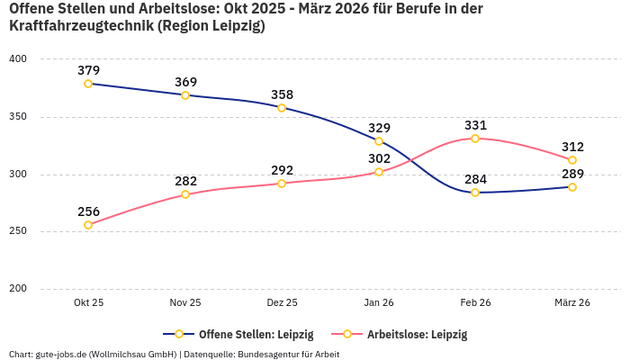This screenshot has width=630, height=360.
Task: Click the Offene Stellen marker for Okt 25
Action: (x=88, y=84)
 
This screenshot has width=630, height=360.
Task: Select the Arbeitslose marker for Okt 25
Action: (x=88, y=225)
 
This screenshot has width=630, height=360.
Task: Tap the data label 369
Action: (x=185, y=82)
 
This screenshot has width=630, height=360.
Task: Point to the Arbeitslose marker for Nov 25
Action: (x=185, y=194)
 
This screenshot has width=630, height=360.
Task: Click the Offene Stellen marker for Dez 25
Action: (x=282, y=108)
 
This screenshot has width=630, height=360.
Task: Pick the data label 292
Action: (x=282, y=169)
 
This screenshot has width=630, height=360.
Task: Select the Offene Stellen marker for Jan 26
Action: (x=379, y=141)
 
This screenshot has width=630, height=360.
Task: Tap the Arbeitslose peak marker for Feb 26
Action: (x=475, y=139)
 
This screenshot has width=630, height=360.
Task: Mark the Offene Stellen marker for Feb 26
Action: (x=475, y=193)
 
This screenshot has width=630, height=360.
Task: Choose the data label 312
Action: (x=572, y=147)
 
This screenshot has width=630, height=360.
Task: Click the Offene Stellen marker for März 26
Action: (x=572, y=187)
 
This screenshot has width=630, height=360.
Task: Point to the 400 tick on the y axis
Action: (x=18, y=59)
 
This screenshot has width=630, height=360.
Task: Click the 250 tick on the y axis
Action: (x=18, y=231)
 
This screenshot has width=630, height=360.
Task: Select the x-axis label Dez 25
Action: (x=282, y=303)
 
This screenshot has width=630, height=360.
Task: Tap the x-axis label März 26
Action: (x=572, y=303)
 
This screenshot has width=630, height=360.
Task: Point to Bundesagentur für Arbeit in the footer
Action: (x=288, y=354)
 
